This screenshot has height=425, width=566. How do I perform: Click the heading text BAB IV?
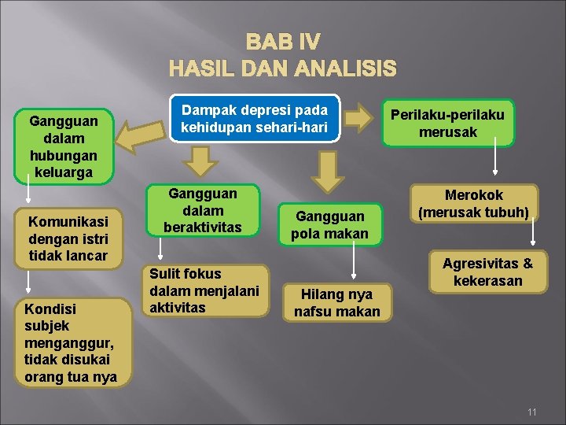point(282,41)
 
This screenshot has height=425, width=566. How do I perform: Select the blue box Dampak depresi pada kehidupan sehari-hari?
point(255,119)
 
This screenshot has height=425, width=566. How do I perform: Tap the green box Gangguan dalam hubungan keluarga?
point(63,146)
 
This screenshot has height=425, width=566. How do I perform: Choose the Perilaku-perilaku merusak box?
point(448,123)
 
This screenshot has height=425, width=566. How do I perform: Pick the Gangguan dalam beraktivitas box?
point(203,211)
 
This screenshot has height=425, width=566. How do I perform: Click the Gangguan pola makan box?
point(329,224)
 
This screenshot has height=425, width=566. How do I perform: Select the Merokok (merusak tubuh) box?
point(473,203)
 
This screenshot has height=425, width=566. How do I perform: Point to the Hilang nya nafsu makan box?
point(336,302)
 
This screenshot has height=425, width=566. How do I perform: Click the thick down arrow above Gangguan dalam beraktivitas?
point(204,162)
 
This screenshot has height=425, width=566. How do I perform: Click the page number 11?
point(531,412)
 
